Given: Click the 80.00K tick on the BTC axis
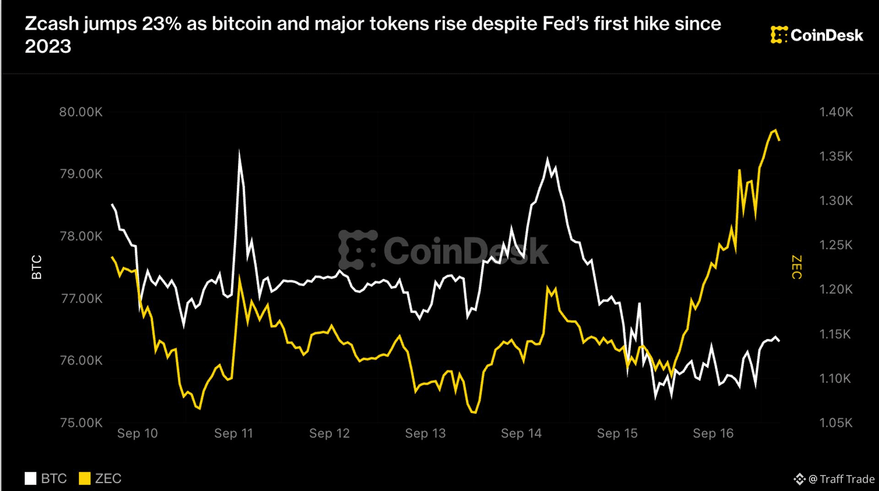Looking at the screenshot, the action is coord(81,112).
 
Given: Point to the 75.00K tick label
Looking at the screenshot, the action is coord(81,422).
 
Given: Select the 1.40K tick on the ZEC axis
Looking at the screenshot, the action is coord(836,112).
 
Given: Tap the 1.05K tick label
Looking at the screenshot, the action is coord(836,422).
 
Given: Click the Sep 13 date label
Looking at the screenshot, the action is coord(425,433).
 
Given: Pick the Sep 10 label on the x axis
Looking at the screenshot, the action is coord(137,433).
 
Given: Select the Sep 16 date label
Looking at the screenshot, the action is coord(713,433).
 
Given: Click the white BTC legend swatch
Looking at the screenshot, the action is coord(30,479).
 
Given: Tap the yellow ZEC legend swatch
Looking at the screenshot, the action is coord(85,479).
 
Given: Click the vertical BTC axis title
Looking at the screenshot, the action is coord(37,267).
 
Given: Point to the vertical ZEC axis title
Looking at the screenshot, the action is coord(797,267).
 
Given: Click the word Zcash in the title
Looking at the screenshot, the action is coord(52,23).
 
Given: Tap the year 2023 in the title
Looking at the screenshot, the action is coord(48,46).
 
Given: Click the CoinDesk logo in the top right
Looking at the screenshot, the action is coord(817,35).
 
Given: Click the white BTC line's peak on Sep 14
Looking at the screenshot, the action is coord(547,159).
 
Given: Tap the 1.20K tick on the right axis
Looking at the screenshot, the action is coord(836,289).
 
